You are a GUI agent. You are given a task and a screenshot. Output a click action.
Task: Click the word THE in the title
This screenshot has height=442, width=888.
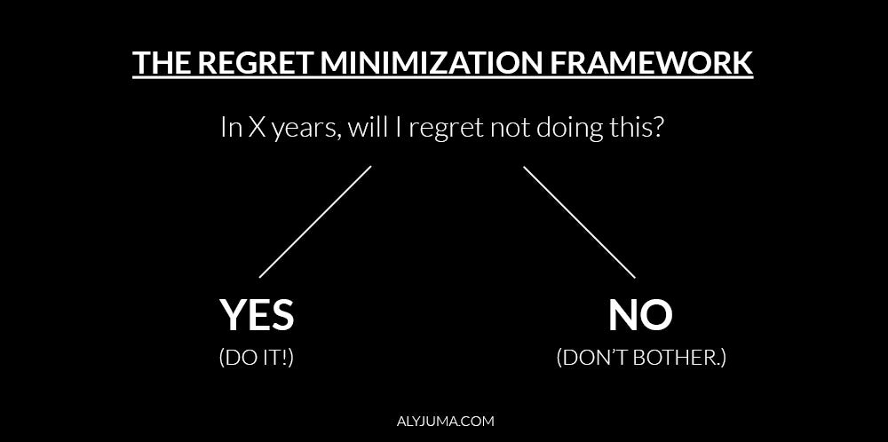click(160, 64)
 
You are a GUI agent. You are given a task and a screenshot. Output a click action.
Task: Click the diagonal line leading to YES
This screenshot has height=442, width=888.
click(314, 222)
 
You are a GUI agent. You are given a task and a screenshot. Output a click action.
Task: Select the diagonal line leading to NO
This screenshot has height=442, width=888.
click(579, 222)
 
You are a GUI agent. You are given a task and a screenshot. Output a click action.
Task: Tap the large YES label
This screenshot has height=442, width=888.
click(257, 315)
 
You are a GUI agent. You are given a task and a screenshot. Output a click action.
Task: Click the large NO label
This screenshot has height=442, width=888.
click(640, 315)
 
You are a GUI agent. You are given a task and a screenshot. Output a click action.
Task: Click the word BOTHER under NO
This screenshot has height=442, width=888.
click(684, 359)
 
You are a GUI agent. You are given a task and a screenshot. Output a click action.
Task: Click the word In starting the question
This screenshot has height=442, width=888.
click(229, 128)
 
